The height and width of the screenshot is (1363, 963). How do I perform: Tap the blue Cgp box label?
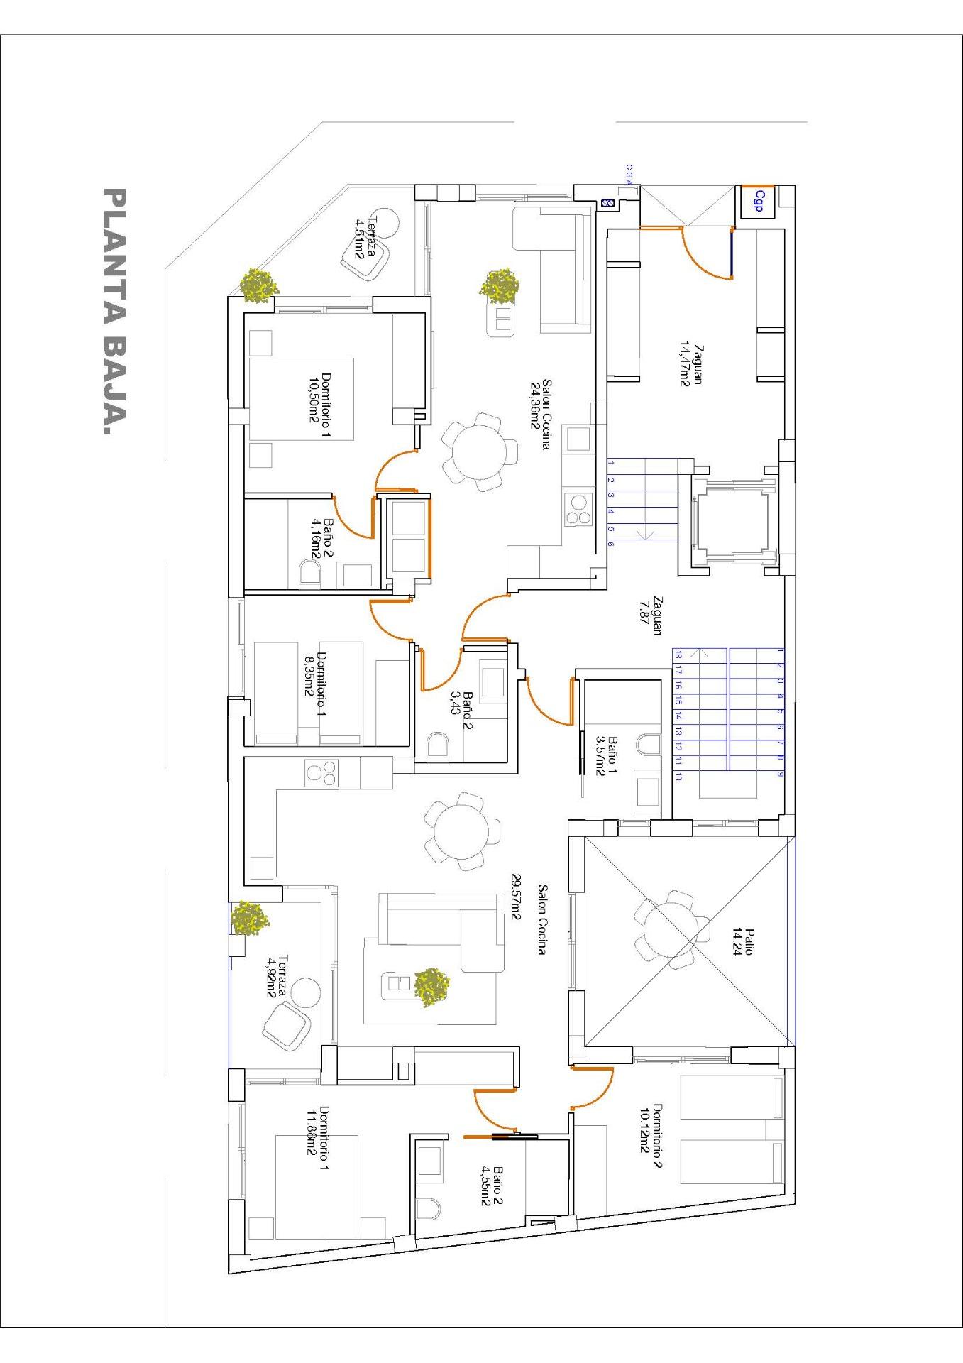(759, 201)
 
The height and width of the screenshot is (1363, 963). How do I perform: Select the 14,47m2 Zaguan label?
(690, 364)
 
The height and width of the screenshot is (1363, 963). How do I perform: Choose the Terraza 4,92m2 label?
(277, 976)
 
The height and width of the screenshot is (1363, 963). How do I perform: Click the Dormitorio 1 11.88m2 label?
(317, 1138)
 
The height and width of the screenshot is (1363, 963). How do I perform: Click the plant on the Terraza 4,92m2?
(250, 917)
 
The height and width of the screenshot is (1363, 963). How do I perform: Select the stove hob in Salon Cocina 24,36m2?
(579, 510)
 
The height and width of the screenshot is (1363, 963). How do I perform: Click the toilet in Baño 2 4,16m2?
(310, 573)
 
